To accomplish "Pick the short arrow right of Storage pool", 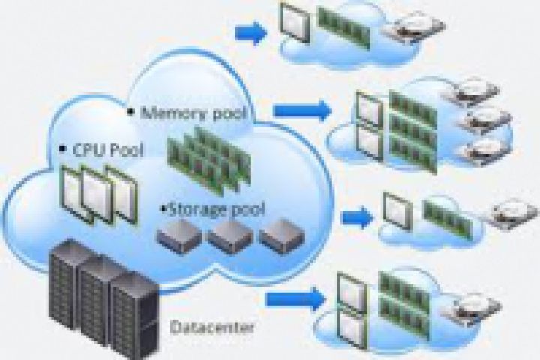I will coord(356,217).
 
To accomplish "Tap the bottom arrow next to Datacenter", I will coord(295,298).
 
